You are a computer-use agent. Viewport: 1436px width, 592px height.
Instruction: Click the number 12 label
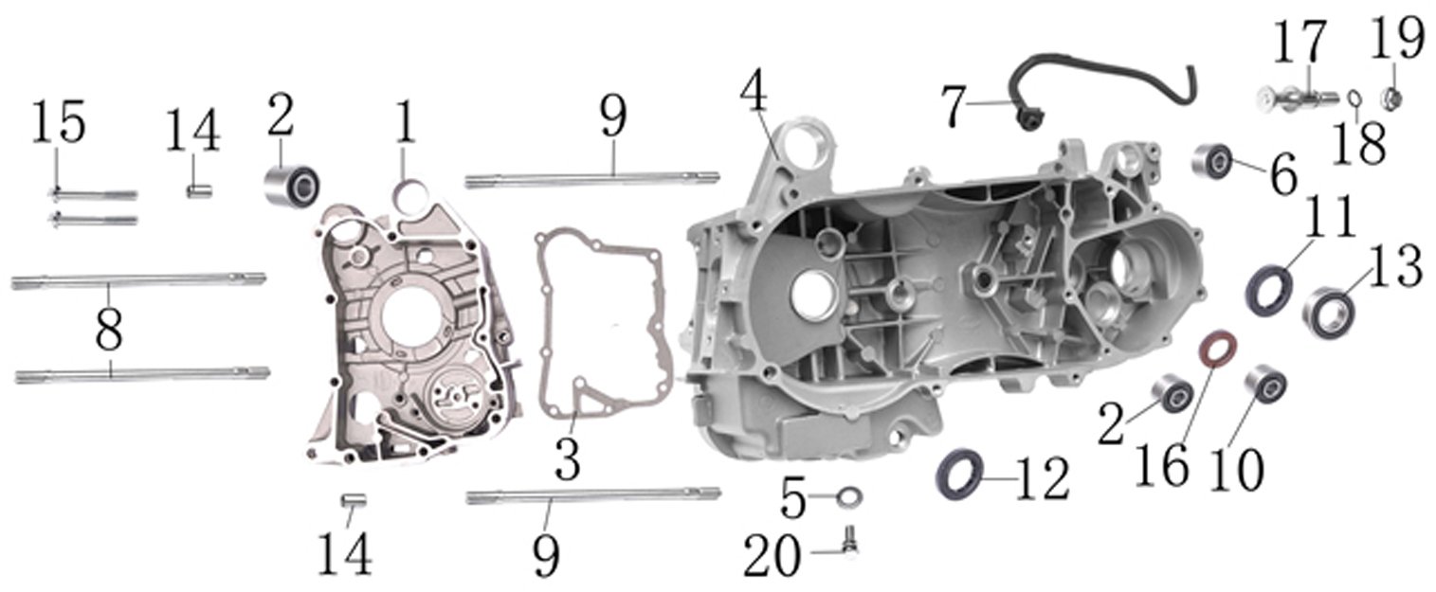click(1043, 478)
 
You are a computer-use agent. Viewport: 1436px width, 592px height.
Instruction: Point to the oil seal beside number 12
click(959, 475)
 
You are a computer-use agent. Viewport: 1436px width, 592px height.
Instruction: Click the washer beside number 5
click(849, 496)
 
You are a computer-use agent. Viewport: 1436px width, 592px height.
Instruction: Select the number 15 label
click(59, 122)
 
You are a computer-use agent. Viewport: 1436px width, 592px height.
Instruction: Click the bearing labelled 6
click(1211, 161)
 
